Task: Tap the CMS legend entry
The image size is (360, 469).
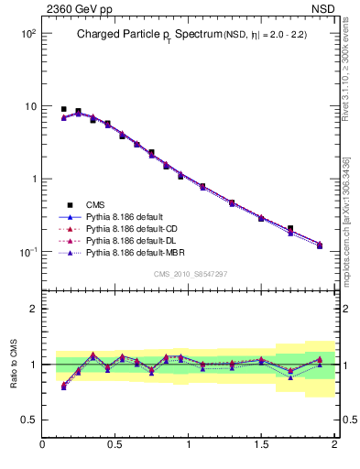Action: click(x=96, y=204)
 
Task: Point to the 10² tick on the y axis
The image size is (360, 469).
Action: click(x=27, y=33)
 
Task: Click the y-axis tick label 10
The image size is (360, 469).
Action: click(x=29, y=106)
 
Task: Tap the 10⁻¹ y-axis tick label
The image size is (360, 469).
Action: click(x=27, y=252)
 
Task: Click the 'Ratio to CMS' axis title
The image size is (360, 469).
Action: click(x=14, y=365)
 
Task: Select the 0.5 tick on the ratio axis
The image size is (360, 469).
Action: click(x=29, y=420)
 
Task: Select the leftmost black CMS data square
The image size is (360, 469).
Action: click(x=63, y=109)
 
